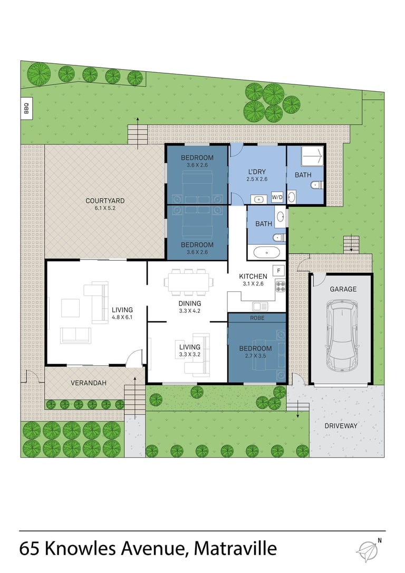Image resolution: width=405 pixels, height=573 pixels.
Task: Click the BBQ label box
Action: pos(26,108)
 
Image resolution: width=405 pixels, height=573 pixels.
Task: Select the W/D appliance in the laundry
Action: pos(277,197)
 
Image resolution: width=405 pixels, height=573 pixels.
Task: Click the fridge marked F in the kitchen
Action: pos(278,271)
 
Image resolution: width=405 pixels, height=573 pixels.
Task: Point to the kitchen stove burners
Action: pos(281,286)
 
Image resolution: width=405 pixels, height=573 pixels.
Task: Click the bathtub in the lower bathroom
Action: pos(267,252)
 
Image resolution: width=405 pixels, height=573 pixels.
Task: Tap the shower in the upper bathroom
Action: pos(312,156)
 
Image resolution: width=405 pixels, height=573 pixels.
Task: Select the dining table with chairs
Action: pos(188,282)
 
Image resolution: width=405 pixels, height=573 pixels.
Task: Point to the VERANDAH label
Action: pos(89,383)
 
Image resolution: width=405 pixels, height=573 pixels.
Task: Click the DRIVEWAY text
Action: pos(341,426)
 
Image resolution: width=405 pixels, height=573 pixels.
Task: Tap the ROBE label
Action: pos(257,318)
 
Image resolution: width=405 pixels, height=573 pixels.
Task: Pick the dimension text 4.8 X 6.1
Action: pos(122,317)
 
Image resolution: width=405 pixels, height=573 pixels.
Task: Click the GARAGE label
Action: pos(343,289)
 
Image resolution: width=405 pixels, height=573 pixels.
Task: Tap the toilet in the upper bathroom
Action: pos(317,186)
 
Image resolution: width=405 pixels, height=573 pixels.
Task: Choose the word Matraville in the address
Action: pos(235,549)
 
